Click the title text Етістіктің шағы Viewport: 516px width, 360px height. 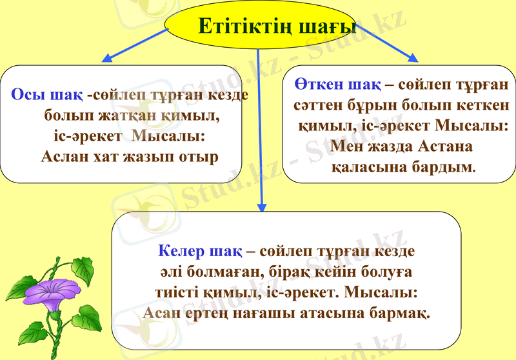tap(277, 26)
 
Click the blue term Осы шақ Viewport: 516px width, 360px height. tap(47, 95)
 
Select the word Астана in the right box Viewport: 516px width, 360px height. tap(446, 146)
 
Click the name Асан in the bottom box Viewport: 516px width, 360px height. tap(161, 313)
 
